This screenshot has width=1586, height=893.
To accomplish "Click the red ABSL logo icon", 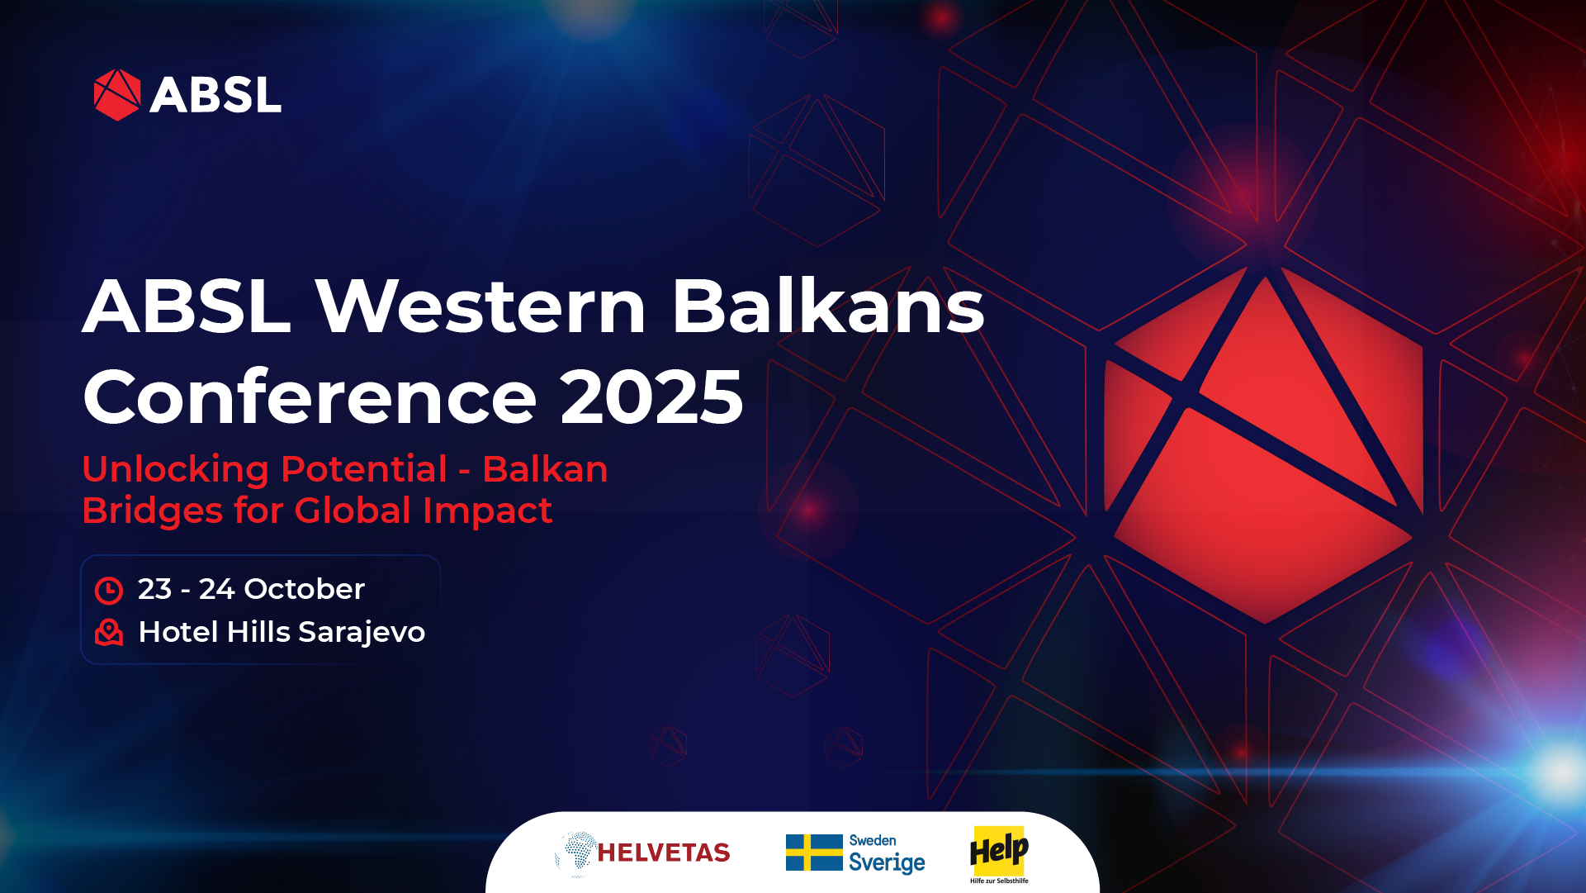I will pos(117,94).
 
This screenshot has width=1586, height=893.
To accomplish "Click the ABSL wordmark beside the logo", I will pos(215,95).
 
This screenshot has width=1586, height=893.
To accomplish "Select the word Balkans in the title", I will pos(828,306).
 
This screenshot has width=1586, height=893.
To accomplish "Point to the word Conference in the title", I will pos(310,397).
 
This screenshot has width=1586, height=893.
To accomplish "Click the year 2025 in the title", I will pos(651,397).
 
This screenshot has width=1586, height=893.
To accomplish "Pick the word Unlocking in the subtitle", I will pos(176,470).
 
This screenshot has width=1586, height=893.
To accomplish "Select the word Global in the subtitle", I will pos(353,511).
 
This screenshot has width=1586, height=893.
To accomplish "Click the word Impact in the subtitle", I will pos(487,511).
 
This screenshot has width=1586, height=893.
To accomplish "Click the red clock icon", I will pos(109,591).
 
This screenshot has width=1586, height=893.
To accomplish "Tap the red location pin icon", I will pos(109,632).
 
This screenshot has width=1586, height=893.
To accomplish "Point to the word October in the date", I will pos(304,589).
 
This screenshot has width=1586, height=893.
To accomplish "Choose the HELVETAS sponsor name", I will pos(663,853).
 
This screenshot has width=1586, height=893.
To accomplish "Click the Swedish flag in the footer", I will pos(813,853).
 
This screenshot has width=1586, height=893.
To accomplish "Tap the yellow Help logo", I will pos(999,851).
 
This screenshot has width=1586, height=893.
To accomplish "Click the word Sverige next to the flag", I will pos(887,862).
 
